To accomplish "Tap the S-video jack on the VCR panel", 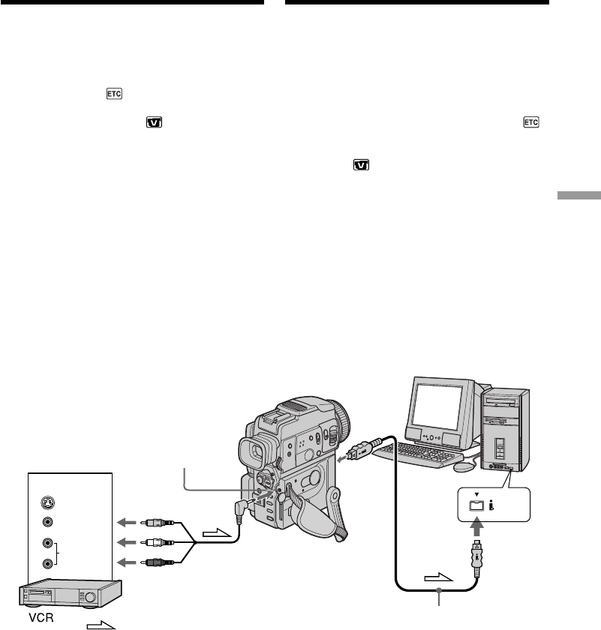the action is (x=49, y=504).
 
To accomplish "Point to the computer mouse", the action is (x=463, y=466).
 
